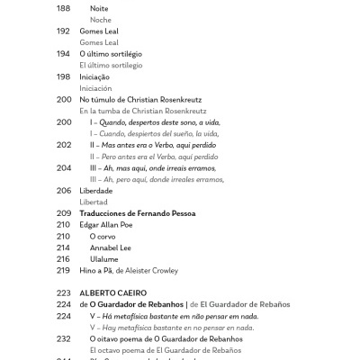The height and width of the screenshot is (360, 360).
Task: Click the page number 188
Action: click(63, 8)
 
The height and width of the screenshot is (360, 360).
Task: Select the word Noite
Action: click(99, 8)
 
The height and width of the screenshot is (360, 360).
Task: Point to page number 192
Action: click(63, 31)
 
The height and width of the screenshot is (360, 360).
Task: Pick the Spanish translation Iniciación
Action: click(95, 88)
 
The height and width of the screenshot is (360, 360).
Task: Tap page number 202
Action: click(63, 145)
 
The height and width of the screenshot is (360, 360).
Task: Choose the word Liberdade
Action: click(96, 191)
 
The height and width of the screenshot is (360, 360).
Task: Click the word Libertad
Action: click(94, 202)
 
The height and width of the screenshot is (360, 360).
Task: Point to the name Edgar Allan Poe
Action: click(111, 224)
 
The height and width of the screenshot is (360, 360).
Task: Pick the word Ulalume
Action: click(104, 258)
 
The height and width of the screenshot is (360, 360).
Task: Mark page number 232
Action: click(63, 338)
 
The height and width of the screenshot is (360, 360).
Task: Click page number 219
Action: click(63, 270)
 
